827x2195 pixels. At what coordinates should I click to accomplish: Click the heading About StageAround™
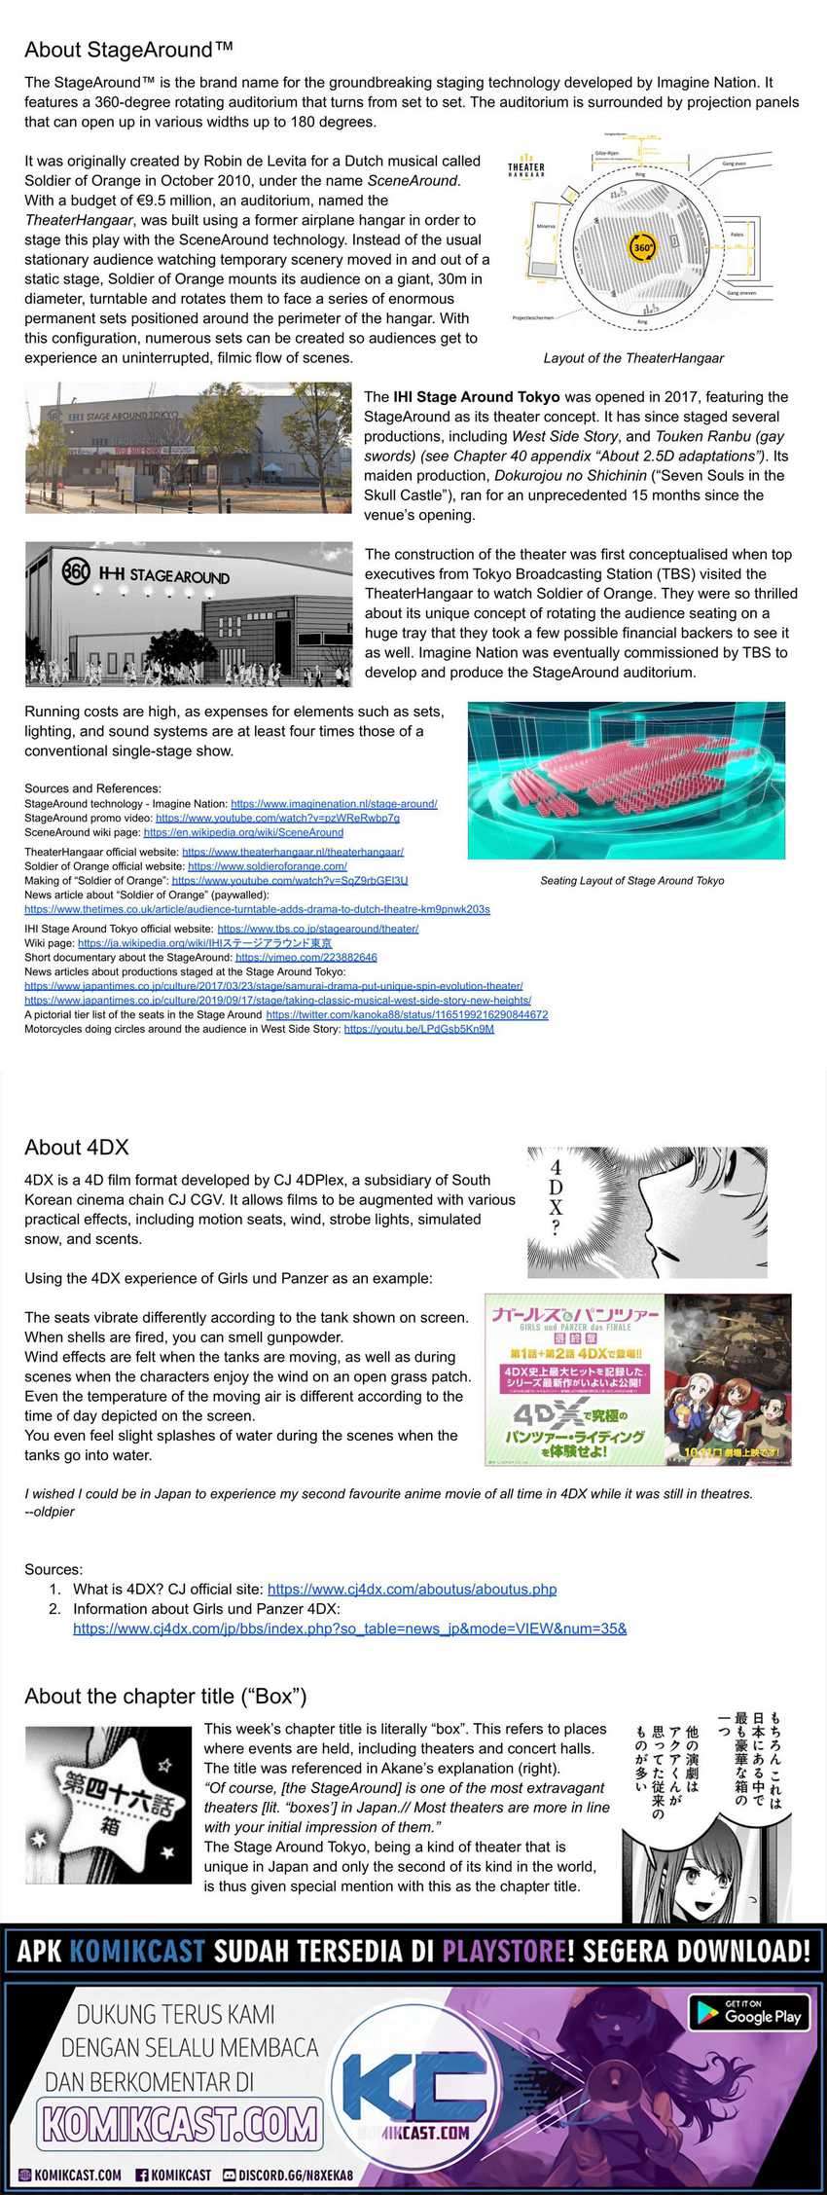pyautogui.click(x=128, y=50)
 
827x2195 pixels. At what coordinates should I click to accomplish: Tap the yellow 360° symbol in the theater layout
pyautogui.click(x=642, y=247)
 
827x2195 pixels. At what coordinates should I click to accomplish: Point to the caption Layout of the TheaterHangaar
pyautogui.click(x=633, y=358)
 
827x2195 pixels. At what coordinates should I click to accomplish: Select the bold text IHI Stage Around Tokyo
pyautogui.click(x=476, y=397)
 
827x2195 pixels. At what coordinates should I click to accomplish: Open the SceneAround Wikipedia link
pyautogui.click(x=243, y=832)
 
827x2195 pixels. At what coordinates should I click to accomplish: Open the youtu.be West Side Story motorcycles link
pyautogui.click(x=418, y=1029)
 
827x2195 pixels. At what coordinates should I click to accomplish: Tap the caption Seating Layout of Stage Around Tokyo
pyautogui.click(x=631, y=881)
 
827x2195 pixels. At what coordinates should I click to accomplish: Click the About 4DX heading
pyautogui.click(x=77, y=1148)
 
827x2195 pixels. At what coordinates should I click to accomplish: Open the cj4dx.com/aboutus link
pyautogui.click(x=412, y=1590)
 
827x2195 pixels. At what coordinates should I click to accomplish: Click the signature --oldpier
pyautogui.click(x=50, y=1512)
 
